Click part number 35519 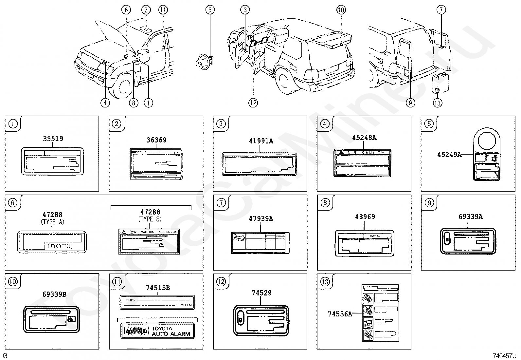click(x=53, y=139)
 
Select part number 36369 click(x=156, y=140)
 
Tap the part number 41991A click(x=260, y=141)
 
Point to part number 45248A click(x=364, y=138)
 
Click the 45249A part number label click(x=449, y=155)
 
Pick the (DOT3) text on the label click(x=60, y=246)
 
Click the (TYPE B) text click(x=150, y=219)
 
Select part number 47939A click(x=260, y=218)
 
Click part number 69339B click(x=54, y=294)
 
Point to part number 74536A click(x=340, y=314)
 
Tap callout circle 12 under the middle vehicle click(x=253, y=103)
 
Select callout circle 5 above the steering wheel click(x=210, y=10)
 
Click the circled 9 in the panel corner click(x=429, y=203)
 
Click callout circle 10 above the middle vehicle click(x=341, y=10)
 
